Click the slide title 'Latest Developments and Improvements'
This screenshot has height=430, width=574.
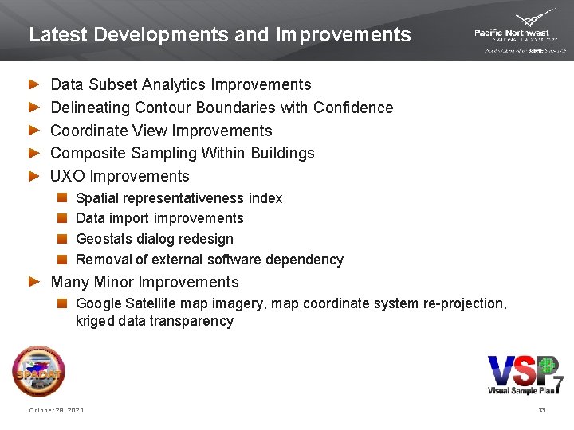(220, 35)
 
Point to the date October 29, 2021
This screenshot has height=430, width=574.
(56, 410)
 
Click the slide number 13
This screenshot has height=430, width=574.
(541, 410)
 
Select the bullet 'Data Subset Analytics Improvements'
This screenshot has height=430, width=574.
(181, 84)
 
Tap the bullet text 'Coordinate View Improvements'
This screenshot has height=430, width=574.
(161, 131)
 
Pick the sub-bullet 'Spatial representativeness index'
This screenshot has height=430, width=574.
(179, 198)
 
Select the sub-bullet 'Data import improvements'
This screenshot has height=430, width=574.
(159, 218)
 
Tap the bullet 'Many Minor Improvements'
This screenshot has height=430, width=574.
(144, 282)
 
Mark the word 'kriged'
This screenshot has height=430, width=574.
(94, 321)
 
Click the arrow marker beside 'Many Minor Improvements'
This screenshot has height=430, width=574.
(33, 282)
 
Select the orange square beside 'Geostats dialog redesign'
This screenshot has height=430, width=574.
(62, 239)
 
